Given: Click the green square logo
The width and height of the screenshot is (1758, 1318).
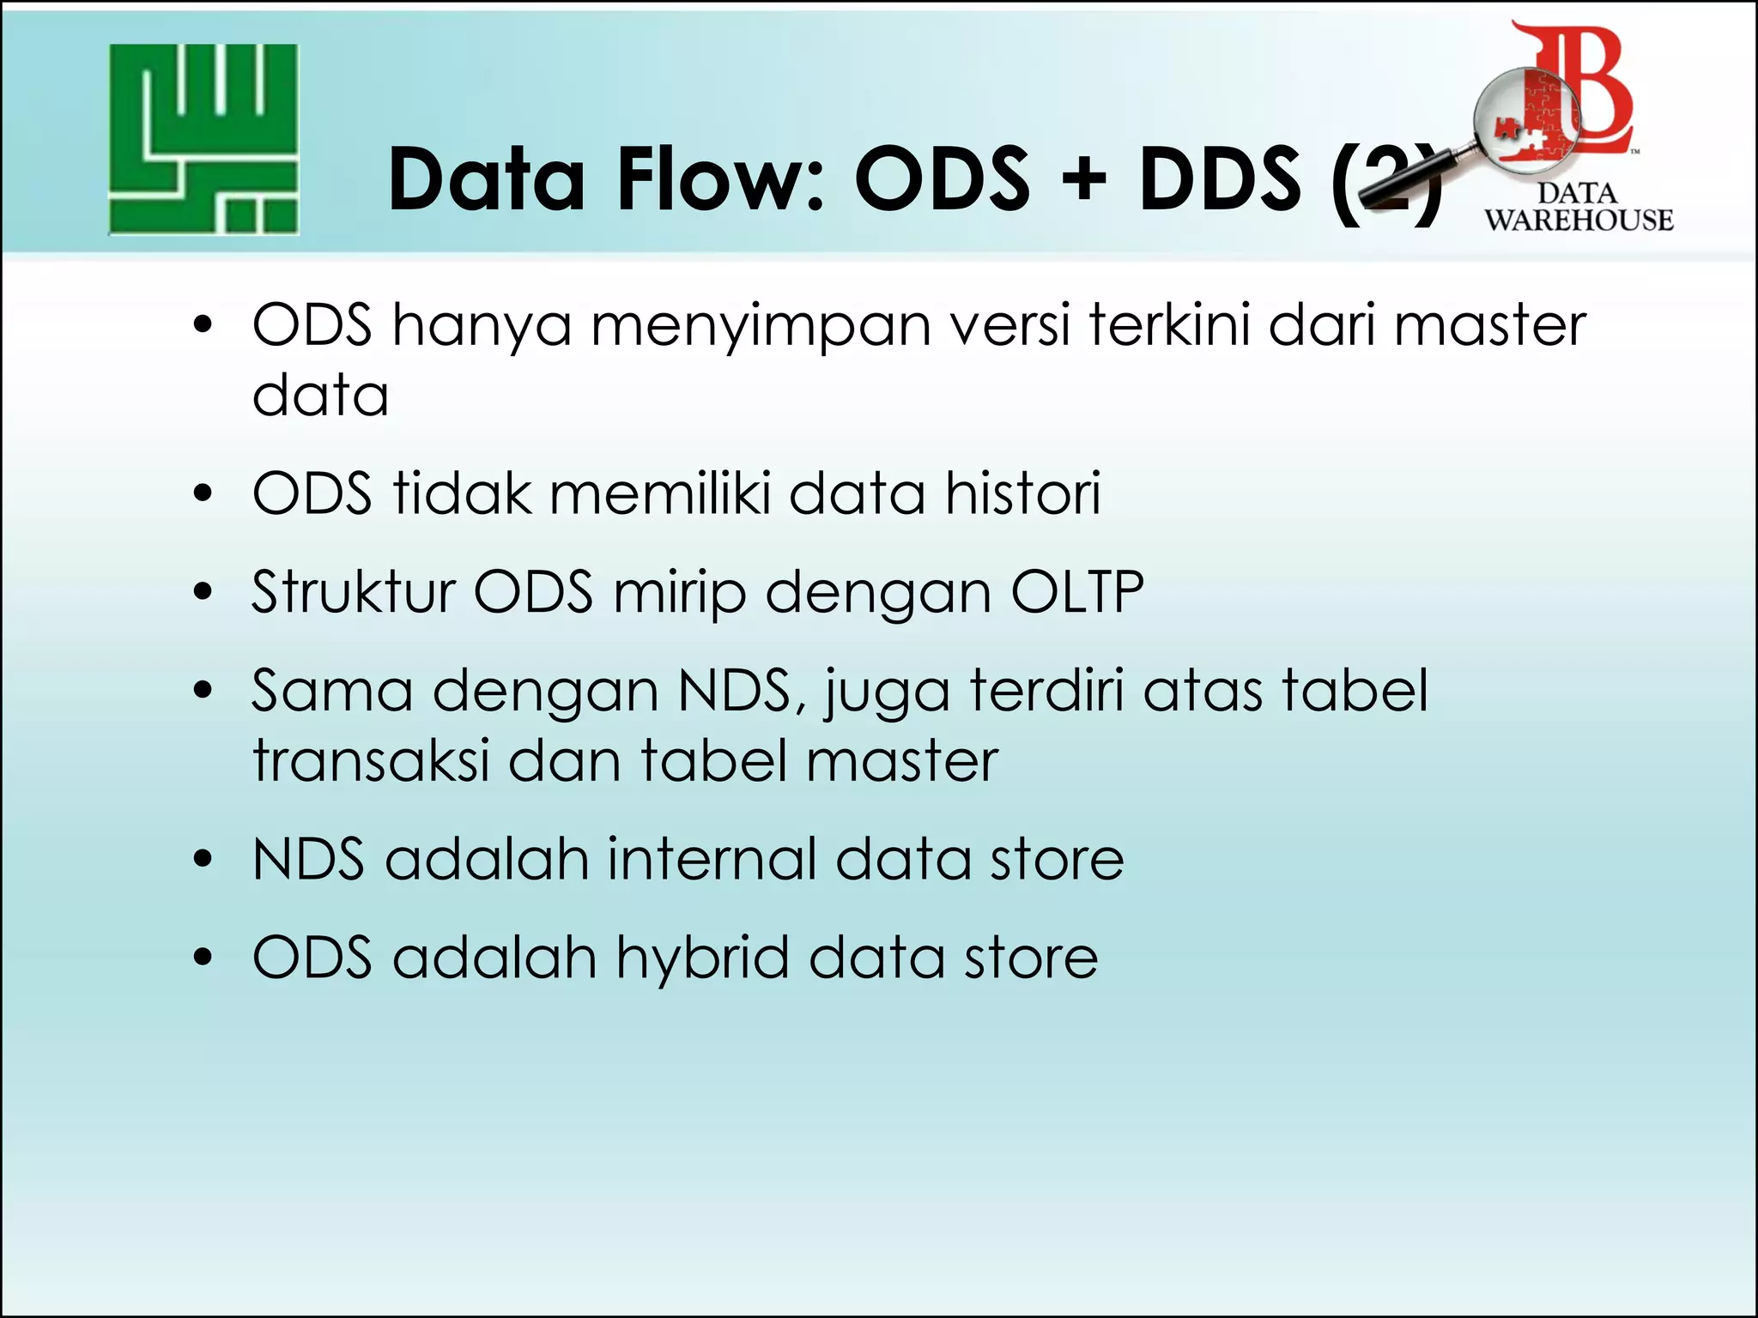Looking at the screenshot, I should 203,140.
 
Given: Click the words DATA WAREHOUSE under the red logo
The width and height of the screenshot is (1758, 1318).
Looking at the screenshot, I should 1578,207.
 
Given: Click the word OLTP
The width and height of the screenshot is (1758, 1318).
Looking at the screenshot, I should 1077,592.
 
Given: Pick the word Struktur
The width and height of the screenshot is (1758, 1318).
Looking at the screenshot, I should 353,592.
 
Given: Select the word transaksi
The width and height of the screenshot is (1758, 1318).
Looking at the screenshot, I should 371,760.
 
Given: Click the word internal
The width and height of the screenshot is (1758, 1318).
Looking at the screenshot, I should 712,859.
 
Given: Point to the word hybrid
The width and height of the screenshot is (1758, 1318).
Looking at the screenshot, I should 702,959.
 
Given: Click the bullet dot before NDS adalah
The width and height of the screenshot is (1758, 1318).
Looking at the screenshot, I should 203,860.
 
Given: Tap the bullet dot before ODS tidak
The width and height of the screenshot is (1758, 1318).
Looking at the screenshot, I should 203,494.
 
